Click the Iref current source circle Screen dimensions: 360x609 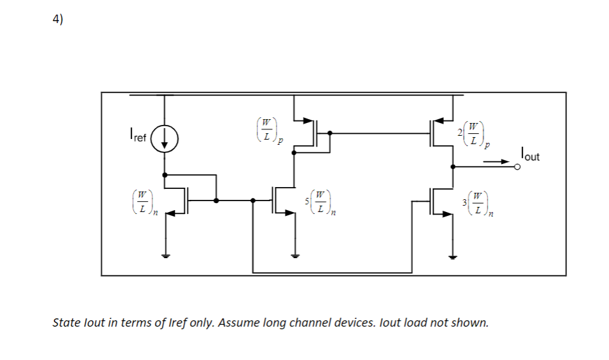click(x=165, y=140)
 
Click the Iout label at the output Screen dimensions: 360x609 click(x=530, y=154)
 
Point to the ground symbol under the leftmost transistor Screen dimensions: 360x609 click(x=165, y=256)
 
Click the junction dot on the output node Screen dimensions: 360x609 click(x=453, y=167)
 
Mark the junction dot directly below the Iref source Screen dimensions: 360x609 click(x=165, y=174)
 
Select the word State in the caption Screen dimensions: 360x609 click(x=66, y=322)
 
